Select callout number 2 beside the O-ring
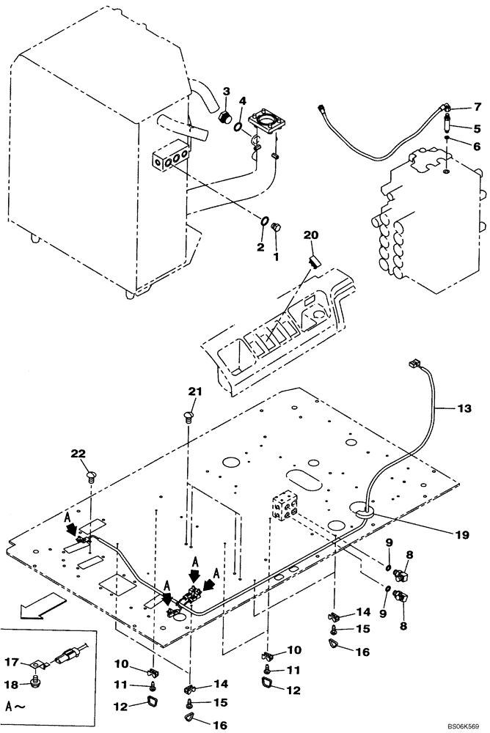click(x=260, y=247)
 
